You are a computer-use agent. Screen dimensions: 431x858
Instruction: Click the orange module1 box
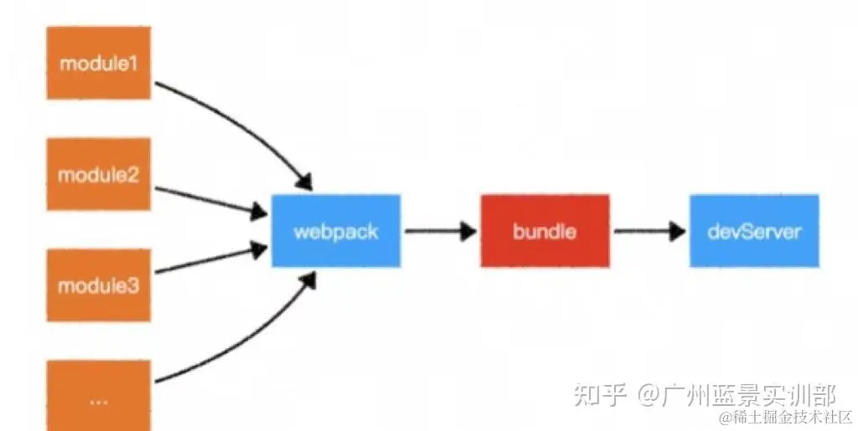pos(98,62)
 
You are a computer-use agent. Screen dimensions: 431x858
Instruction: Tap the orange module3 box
pos(98,285)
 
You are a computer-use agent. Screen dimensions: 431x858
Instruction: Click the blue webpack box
pos(336,231)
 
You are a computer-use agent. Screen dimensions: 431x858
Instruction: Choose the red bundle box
pos(545,231)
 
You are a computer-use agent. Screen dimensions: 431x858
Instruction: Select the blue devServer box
pos(754,231)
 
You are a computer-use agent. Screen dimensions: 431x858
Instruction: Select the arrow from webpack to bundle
pos(440,232)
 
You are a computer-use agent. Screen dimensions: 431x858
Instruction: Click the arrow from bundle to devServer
pos(649,232)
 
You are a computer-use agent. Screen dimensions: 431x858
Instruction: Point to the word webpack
pos(336,231)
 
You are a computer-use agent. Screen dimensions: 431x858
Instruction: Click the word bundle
pos(545,231)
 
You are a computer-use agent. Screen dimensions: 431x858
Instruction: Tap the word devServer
pos(754,231)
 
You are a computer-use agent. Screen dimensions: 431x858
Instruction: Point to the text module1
pos(98,62)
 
